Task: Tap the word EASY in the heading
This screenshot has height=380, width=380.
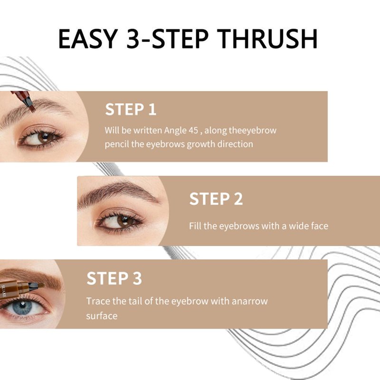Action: coord(88,39)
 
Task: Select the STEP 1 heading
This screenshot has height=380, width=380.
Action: coord(131,109)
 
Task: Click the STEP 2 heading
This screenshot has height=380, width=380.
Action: coord(216,199)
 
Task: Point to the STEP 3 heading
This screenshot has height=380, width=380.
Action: coord(114,278)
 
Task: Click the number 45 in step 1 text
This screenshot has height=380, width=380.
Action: coord(193,130)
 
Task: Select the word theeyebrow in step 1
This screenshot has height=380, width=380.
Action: coord(253,131)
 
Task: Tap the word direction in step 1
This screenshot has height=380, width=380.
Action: coord(235,144)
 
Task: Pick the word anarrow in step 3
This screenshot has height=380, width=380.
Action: coord(250,301)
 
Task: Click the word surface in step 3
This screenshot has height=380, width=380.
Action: coord(102,316)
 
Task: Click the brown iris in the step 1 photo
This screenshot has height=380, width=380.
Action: coord(45,137)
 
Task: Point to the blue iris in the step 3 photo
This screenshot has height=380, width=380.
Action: coord(22,306)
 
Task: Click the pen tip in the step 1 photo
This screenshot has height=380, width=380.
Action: coord(30,106)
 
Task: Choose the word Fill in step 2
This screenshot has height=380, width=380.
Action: coord(195,226)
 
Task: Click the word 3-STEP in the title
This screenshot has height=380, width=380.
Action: coord(167,39)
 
